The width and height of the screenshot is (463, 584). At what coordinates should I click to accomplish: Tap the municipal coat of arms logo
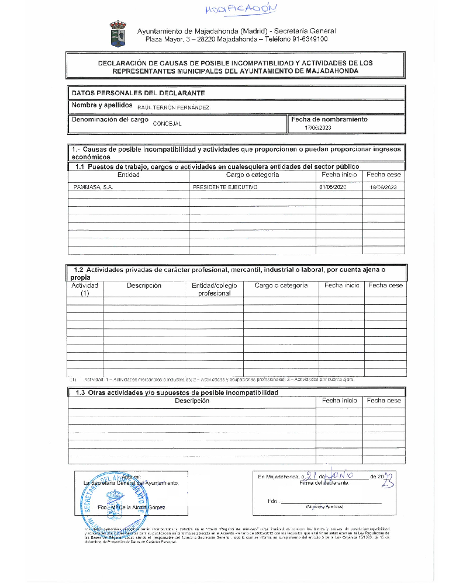[118, 34]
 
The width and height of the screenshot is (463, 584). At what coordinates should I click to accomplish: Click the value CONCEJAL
[167, 123]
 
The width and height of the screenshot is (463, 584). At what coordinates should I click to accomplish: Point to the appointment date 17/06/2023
[318, 127]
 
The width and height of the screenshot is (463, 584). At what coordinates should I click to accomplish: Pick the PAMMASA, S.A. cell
[93, 187]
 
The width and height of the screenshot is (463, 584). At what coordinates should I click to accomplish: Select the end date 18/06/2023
[383, 187]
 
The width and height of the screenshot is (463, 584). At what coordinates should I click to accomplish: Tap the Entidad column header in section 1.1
[129, 175]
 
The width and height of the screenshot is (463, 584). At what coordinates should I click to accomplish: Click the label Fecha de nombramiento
[329, 119]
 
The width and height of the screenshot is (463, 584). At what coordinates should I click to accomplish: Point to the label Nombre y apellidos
[102, 105]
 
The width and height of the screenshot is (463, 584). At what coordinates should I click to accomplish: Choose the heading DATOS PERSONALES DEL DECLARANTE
[138, 93]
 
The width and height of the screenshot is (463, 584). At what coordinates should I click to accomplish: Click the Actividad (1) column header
[85, 290]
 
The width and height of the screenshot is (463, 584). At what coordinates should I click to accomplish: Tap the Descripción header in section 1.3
[192, 401]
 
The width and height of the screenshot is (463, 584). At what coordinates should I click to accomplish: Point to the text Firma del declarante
[323, 483]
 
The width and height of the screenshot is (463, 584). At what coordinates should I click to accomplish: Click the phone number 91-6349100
[307, 39]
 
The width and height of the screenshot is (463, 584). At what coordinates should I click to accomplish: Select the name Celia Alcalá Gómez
[138, 507]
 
